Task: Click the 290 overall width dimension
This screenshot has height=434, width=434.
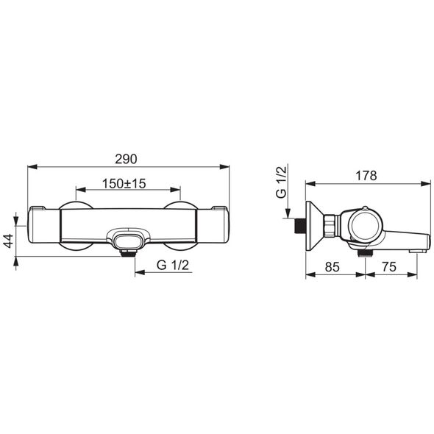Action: click(x=127, y=159)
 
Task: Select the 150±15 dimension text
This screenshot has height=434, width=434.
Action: click(x=124, y=183)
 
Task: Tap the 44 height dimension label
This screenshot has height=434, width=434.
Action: click(x=9, y=241)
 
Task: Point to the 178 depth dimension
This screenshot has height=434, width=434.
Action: click(x=366, y=176)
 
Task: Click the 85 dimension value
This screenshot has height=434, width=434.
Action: click(x=332, y=267)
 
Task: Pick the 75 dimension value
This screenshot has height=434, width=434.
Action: click(x=389, y=267)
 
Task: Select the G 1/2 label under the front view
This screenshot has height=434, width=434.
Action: click(x=173, y=265)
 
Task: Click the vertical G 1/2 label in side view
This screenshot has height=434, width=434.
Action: click(x=281, y=182)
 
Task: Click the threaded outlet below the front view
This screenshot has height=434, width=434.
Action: click(x=128, y=253)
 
